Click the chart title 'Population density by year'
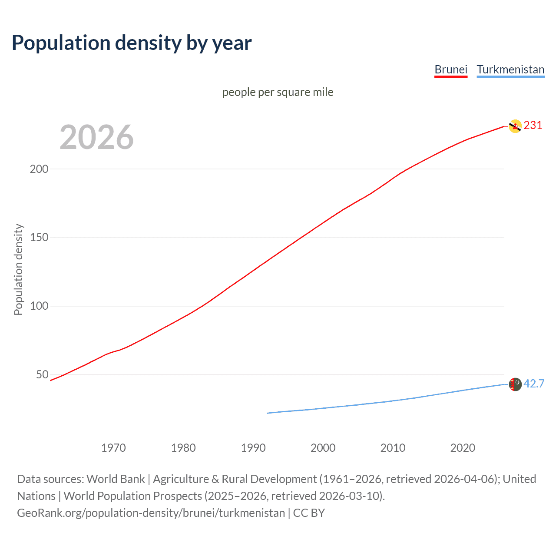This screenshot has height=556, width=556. [132, 43]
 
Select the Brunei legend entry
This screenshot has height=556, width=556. [451, 69]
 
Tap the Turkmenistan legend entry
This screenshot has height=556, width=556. [510, 69]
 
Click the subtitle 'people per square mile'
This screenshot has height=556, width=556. [278, 92]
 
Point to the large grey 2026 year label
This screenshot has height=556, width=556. [96, 137]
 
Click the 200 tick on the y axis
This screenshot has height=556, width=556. [39, 169]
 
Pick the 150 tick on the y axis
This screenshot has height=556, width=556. [39, 238]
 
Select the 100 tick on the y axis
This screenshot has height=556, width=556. [39, 306]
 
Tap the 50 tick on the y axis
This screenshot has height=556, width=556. [42, 374]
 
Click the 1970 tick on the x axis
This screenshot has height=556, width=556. [113, 448]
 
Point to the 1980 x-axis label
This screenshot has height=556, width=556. [183, 448]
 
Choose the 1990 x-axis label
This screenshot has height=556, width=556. [253, 448]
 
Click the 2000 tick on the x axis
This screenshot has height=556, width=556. [323, 448]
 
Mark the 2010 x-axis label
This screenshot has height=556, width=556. [393, 448]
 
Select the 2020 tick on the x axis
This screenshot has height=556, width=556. [463, 448]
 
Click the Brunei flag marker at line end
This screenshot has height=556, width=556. [515, 126]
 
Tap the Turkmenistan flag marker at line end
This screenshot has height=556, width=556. [515, 384]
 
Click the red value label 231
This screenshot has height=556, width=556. [533, 126]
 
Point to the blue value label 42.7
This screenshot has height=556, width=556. [534, 384]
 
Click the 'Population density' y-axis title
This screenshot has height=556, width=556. [18, 269]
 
